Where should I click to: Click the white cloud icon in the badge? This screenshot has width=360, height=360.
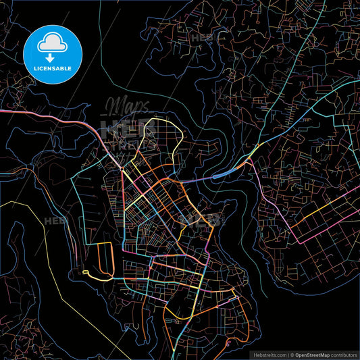pos(52,42)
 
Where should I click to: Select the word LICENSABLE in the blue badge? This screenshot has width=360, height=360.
pos(52,68)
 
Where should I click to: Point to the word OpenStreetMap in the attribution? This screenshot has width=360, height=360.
pos(316,355)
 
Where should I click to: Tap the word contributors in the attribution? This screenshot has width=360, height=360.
pos(343,355)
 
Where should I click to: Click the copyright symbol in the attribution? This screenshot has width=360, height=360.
pos(293,355)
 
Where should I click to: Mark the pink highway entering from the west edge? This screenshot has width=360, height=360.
pos(41,116)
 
